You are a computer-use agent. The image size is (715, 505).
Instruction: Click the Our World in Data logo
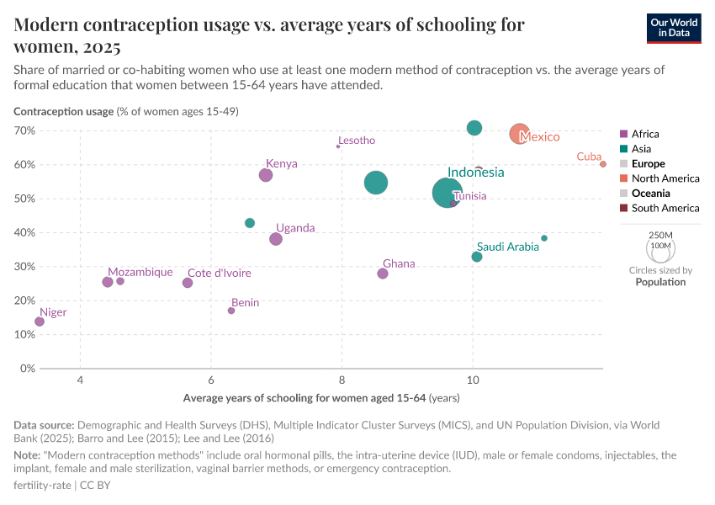[674, 27]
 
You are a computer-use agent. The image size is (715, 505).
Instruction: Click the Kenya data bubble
[266, 175]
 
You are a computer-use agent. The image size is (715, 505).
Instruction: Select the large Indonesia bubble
[448, 193]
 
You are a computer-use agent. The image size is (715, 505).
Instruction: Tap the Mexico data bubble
[520, 134]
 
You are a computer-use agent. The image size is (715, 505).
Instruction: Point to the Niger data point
[40, 322]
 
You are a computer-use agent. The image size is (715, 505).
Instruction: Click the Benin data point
[231, 311]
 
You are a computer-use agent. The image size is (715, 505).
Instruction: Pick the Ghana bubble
[383, 274]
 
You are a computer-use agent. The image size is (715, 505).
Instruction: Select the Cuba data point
[603, 164]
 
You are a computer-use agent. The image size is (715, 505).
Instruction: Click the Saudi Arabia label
[507, 247]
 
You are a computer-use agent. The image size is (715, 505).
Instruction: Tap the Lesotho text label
[357, 141]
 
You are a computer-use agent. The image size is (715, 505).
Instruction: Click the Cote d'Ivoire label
[219, 273]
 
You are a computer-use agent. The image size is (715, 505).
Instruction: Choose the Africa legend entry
[645, 134]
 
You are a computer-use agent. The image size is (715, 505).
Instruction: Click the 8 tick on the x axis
[342, 380]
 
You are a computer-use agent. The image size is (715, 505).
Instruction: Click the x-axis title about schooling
[320, 397]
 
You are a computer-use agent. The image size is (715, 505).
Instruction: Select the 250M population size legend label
[661, 235]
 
